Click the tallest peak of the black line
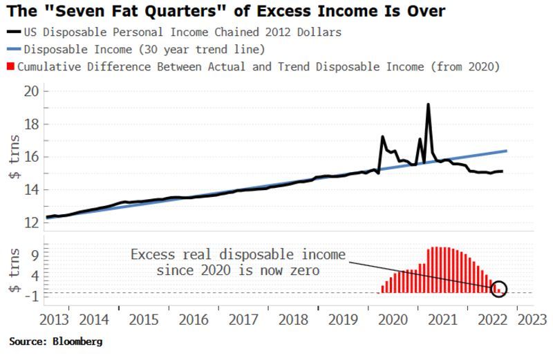tap(428, 104)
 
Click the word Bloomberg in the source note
tap(79, 341)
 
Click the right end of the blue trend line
tap(507, 151)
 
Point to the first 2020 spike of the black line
tap(382, 137)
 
